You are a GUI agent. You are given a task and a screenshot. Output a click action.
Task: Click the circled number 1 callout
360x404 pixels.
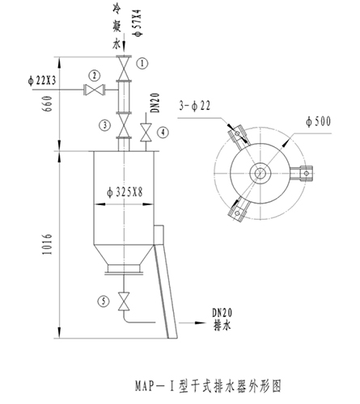coord(142,64)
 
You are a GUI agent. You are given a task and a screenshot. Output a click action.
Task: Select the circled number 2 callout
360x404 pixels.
coord(95,76)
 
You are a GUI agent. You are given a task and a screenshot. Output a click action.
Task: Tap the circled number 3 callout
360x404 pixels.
coord(105,125)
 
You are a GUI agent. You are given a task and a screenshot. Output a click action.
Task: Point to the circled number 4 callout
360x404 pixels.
coord(163,133)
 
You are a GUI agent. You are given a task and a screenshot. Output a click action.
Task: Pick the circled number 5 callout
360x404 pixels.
coord(104,301)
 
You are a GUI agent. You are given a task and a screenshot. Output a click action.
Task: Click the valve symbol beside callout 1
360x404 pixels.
coord(124,68)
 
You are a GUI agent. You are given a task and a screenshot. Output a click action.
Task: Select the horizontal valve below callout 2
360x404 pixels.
coord(95,90)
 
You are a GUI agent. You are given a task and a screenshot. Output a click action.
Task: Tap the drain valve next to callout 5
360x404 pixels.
coord(124,301)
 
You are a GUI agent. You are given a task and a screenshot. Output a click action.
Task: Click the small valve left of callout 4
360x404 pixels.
coord(146,133)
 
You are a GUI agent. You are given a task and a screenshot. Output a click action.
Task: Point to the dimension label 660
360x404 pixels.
coord(48,104)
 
